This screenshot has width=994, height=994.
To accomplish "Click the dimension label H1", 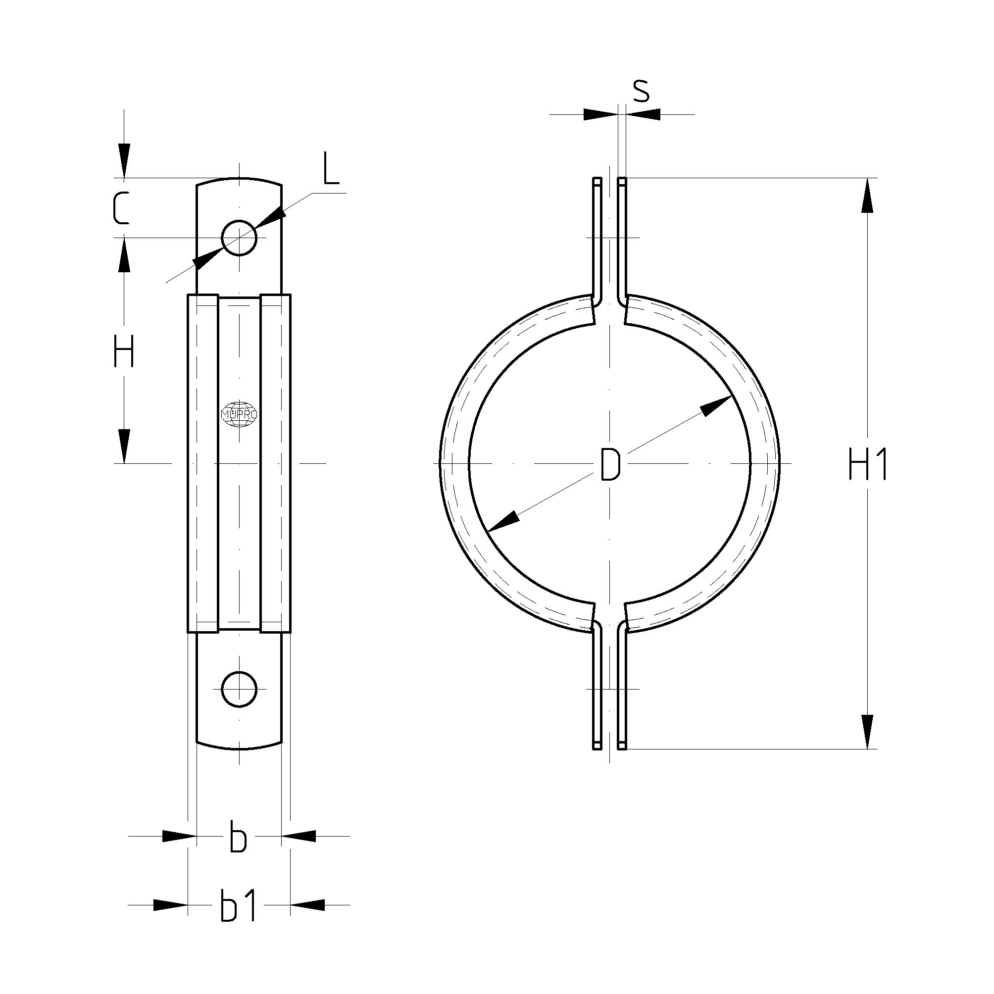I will (x=867, y=463).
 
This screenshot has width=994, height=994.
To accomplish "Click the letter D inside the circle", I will (x=610, y=464).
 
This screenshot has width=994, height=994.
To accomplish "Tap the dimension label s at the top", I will (x=641, y=91).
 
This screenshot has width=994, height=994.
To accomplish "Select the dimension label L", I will (x=331, y=168).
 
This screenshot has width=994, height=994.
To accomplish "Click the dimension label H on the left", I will (x=124, y=351).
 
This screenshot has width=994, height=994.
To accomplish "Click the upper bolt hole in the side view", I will (x=239, y=238).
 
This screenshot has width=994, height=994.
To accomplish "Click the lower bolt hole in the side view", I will (x=239, y=689).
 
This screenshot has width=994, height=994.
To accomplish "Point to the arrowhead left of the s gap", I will (x=600, y=114).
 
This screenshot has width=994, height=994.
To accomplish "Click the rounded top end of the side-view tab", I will (x=239, y=181).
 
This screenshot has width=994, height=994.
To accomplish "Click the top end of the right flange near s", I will (x=623, y=181).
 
